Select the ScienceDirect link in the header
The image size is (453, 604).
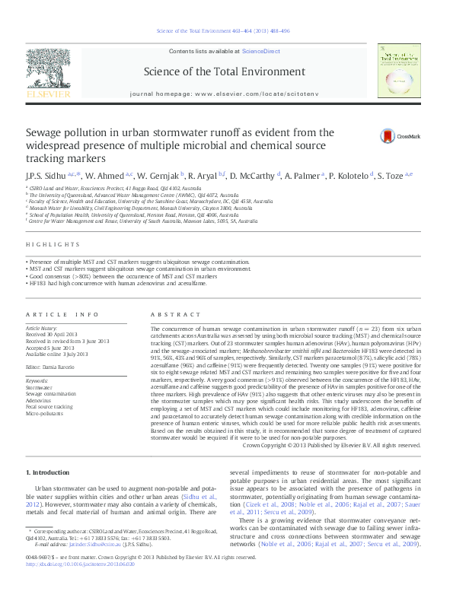pyautogui.click(x=260, y=52)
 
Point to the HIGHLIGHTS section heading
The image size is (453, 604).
pyautogui.click(x=53, y=244)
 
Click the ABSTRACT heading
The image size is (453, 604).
pyautogui.click(x=165, y=314)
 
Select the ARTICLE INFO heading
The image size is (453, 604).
pyautogui.click(x=62, y=314)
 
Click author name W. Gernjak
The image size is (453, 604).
pyautogui.click(x=162, y=176)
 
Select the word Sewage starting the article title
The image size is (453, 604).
pyautogui.click(x=46, y=132)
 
